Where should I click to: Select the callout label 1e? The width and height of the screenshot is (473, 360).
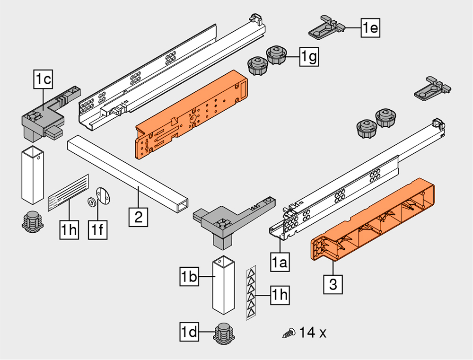point(370,28)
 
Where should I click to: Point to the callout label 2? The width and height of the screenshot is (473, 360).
point(138,218)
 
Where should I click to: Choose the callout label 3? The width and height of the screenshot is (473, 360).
point(333,285)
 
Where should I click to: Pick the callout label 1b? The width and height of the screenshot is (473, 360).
point(190,277)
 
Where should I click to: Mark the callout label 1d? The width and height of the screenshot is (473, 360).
point(189,332)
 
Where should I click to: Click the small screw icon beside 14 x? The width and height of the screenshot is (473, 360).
point(289,334)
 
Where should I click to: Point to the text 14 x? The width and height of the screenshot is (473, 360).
point(313,333)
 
